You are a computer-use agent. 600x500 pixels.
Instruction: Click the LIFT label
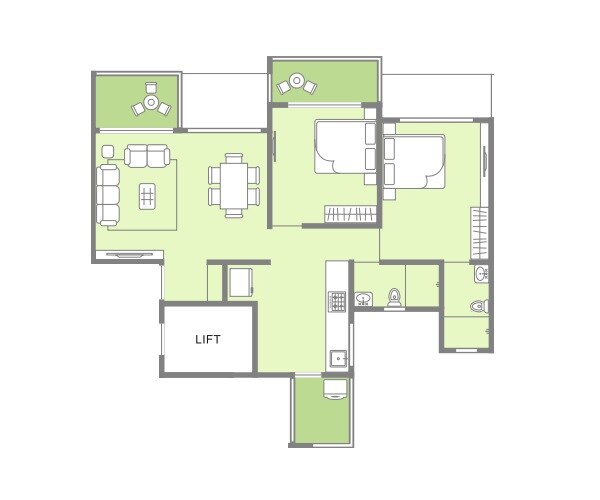click(x=209, y=339)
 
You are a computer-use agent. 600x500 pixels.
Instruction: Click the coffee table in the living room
click(x=148, y=195)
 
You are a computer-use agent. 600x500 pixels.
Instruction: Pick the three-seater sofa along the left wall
click(x=109, y=194)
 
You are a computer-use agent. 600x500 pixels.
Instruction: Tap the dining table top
click(x=234, y=184)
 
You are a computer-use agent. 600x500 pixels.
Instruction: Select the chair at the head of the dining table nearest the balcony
click(x=234, y=158)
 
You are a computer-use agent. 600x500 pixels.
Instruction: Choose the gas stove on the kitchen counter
click(x=337, y=300)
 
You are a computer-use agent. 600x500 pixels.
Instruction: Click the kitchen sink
click(x=338, y=355)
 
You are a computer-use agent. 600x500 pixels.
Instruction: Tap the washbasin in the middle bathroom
click(x=364, y=297)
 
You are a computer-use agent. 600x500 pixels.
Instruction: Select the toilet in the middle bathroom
click(x=394, y=297)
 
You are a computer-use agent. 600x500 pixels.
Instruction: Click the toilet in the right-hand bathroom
click(x=479, y=304)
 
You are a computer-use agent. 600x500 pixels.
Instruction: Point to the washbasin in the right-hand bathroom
click(x=481, y=273)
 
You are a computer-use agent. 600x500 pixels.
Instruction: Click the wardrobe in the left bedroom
click(x=350, y=213)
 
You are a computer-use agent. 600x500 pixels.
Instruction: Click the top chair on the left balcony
click(x=151, y=87)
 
